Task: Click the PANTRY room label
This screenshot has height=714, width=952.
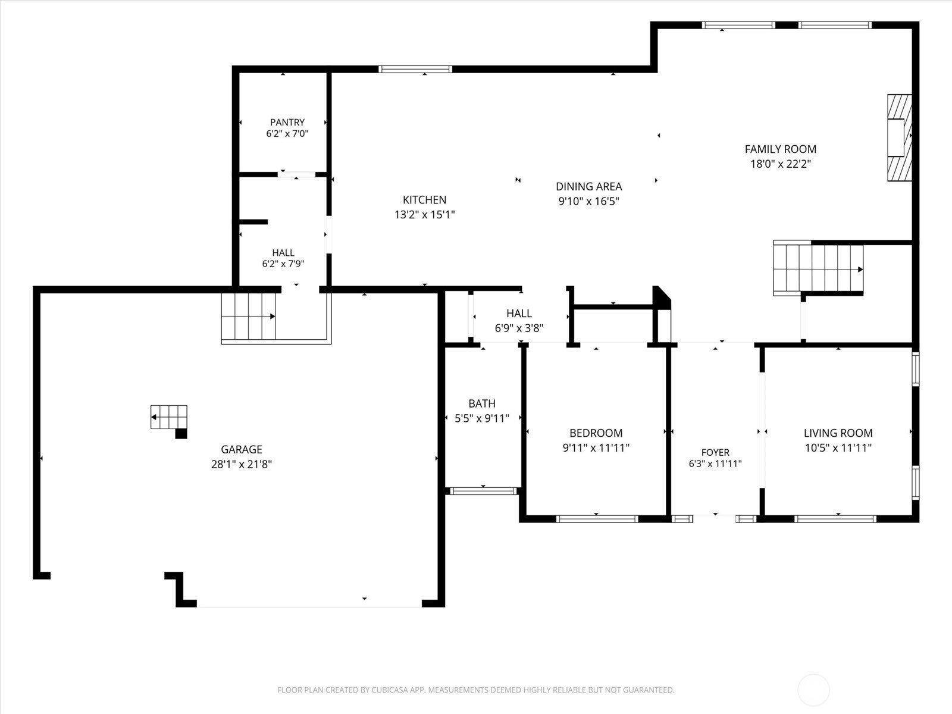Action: (287, 122)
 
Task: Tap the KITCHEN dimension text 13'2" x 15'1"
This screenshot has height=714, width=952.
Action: (424, 215)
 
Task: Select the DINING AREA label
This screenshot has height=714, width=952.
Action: (588, 186)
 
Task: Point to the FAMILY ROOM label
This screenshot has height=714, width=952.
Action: (780, 149)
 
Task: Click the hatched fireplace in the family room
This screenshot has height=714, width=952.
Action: (899, 137)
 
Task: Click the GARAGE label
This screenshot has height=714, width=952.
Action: (242, 449)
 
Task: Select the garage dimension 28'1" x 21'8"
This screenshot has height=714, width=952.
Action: (242, 464)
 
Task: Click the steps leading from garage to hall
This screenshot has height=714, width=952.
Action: (249, 316)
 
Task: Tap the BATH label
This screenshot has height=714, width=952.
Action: (482, 403)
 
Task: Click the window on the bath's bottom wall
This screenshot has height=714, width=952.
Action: (483, 491)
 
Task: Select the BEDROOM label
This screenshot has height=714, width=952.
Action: (596, 433)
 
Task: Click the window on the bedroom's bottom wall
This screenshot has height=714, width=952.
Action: (597, 519)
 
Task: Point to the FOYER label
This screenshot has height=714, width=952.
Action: (715, 452)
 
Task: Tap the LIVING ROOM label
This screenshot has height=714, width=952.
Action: (838, 433)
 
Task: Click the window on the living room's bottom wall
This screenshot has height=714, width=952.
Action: (835, 519)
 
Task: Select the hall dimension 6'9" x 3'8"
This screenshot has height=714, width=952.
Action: (519, 328)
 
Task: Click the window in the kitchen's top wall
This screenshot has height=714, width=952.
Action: (415, 70)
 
